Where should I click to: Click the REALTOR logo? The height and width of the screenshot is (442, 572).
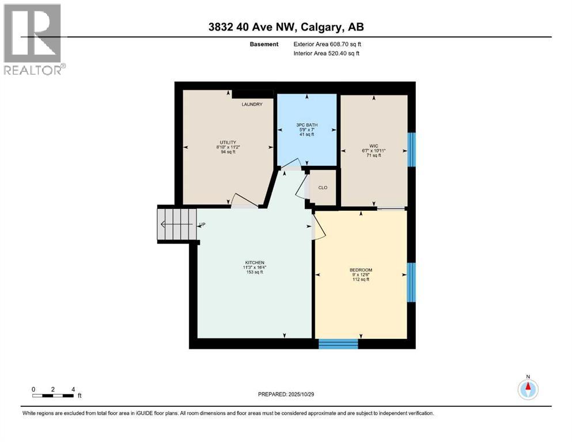[35, 39]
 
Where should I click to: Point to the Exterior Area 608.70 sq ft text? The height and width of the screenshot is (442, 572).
[327, 44]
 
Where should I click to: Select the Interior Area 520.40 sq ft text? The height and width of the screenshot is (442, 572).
[327, 53]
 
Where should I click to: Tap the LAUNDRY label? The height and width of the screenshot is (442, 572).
[252, 104]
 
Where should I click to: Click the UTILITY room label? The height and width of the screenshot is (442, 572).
[228, 143]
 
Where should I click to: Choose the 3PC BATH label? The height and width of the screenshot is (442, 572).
[307, 125]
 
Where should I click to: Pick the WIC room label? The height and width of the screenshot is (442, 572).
[373, 146]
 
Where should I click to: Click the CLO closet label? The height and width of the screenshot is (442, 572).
[323, 188]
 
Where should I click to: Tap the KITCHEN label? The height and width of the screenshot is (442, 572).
[255, 262]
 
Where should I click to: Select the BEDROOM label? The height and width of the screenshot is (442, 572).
[361, 270]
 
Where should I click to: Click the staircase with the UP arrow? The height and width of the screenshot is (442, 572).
[177, 224]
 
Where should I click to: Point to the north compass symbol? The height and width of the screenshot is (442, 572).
[528, 388]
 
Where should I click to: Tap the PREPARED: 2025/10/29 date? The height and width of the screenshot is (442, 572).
[286, 394]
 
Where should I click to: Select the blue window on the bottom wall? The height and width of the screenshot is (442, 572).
[338, 344]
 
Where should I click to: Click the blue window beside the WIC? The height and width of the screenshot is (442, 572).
[411, 150]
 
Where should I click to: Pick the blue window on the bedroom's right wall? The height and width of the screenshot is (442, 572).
[411, 283]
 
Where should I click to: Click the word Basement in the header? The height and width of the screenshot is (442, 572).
[264, 44]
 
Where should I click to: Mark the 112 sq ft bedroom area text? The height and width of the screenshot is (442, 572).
[361, 280]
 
